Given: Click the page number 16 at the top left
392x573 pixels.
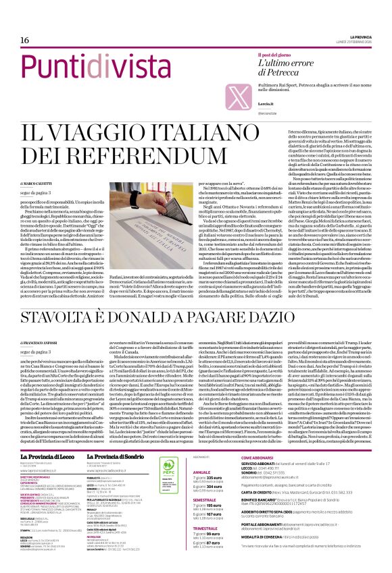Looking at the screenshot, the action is point(14,40).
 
